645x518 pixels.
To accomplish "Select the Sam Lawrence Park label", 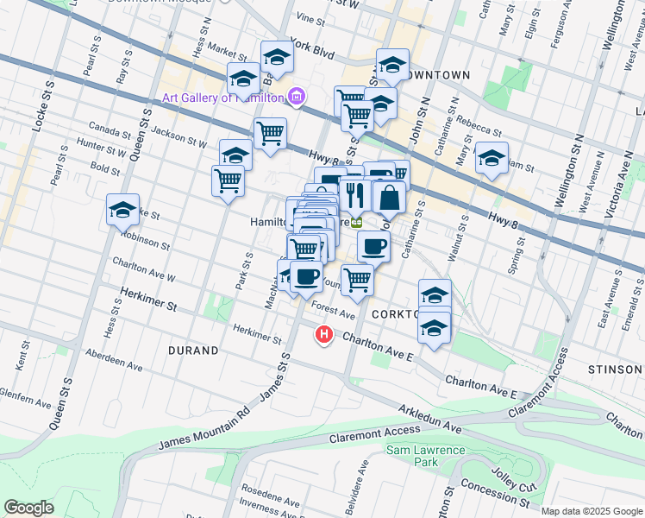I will tap(425, 456).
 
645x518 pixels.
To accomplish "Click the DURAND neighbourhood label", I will tap(193, 351).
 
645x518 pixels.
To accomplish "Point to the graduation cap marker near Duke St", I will tap(123, 210).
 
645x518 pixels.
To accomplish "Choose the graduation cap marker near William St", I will tap(491, 158).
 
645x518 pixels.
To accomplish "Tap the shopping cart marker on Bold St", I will tap(228, 181).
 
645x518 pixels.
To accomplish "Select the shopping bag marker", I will tap(390, 197).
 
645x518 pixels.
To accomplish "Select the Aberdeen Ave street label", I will tap(113, 361).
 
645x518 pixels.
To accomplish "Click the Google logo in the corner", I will tap(29, 508).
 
